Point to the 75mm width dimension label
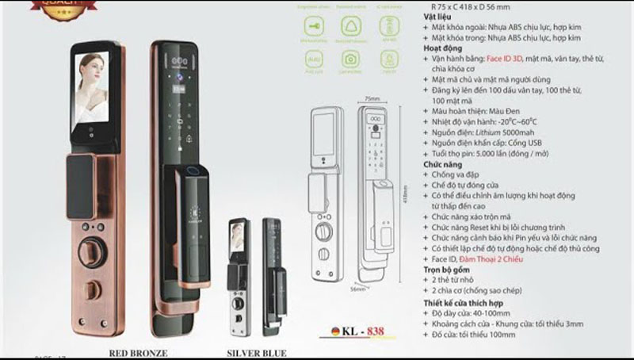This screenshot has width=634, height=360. pos(372,98)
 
